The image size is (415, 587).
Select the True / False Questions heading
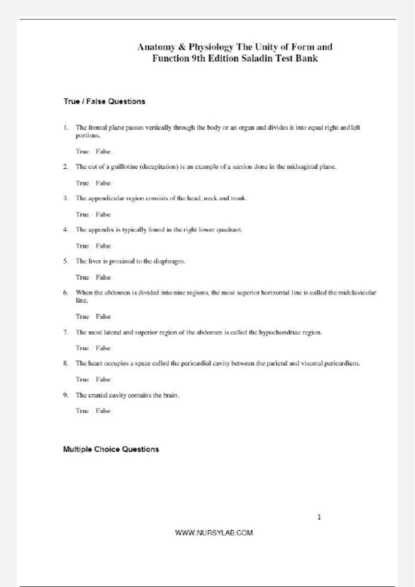(104, 102)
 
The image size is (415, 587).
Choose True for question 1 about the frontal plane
(82, 152)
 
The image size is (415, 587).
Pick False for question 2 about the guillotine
(103, 183)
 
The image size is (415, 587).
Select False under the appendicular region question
(103, 215)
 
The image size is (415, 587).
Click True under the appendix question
(82, 246)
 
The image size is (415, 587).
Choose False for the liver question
(103, 278)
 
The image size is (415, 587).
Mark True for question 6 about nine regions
(82, 317)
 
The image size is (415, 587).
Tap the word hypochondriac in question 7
(280, 333)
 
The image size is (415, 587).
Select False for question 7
(103, 348)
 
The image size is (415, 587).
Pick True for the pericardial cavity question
(82, 379)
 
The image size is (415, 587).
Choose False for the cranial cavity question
(103, 411)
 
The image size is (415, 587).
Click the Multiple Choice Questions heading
(111, 449)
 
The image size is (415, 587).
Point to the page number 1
(319, 517)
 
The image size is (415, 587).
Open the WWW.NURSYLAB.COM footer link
(214, 533)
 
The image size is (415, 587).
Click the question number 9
(65, 395)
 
